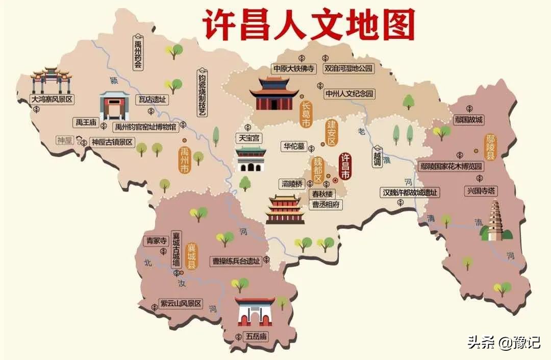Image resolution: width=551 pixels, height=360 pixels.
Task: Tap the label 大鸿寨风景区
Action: point(52,99)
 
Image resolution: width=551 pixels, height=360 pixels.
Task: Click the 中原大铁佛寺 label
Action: point(293,68)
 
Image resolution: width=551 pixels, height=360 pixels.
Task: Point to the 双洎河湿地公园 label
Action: point(349,68)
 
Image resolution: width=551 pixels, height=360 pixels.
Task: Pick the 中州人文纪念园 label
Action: point(349,94)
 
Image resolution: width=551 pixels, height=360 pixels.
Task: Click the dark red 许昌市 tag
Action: point(345,166)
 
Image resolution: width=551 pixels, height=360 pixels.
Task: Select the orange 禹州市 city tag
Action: point(184,161)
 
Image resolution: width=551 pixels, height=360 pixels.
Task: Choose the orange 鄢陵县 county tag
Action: point(490,148)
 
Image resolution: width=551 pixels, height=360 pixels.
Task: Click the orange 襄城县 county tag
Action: point(192,256)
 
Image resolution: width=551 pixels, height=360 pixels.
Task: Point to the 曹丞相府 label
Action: point(327,205)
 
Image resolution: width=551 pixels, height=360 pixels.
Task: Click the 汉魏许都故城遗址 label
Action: point(411,193)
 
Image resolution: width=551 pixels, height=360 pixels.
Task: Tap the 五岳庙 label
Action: point(256,337)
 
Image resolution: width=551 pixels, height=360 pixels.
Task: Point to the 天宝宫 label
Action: point(249,138)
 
